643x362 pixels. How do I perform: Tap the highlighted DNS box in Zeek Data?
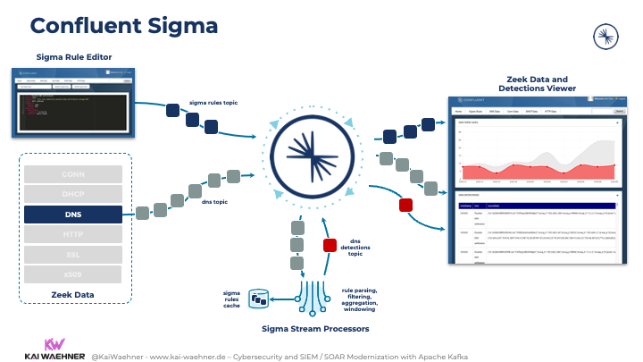(x=73, y=215)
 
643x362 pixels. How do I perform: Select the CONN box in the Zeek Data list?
(x=73, y=173)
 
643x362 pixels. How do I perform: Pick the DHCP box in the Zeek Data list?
(x=73, y=194)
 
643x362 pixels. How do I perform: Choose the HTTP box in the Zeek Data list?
(x=73, y=234)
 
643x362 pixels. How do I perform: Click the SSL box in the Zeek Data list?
(x=73, y=255)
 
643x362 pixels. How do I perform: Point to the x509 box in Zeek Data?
(x=73, y=274)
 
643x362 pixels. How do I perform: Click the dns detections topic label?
(x=360, y=248)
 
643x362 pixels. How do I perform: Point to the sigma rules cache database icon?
(x=259, y=298)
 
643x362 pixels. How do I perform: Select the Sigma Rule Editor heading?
(x=74, y=57)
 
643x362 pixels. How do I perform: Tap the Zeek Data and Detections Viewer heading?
(x=537, y=83)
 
